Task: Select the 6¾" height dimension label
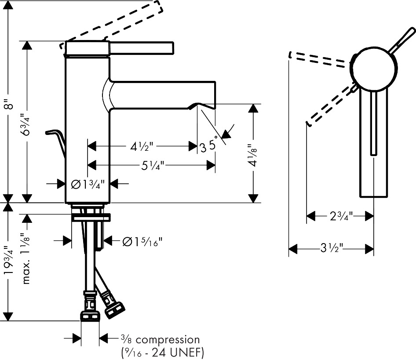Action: click(x=26, y=124)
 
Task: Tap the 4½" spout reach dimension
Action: click(x=142, y=146)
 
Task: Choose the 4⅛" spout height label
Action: click(x=253, y=155)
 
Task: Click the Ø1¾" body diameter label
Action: click(x=88, y=184)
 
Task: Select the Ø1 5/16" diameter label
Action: click(x=142, y=241)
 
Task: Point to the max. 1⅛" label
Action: click(x=26, y=258)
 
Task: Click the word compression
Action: click(x=168, y=340)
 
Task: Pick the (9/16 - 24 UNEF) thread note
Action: click(x=162, y=353)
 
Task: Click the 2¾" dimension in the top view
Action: click(x=341, y=216)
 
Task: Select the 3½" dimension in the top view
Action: click(x=332, y=249)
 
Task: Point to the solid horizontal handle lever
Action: click(x=141, y=48)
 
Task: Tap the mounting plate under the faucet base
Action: click(x=91, y=217)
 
